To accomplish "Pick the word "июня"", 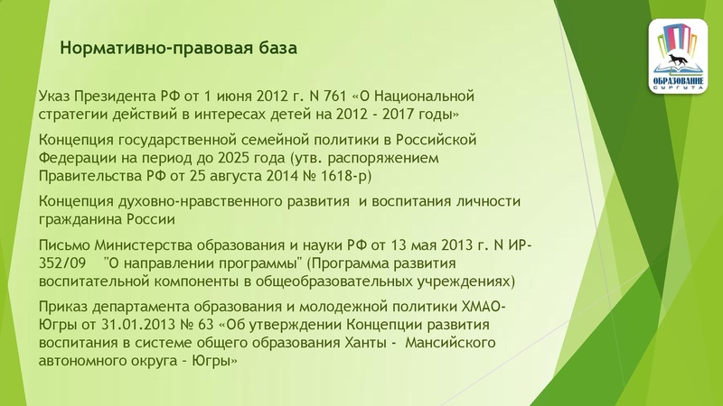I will click(x=235, y=96).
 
